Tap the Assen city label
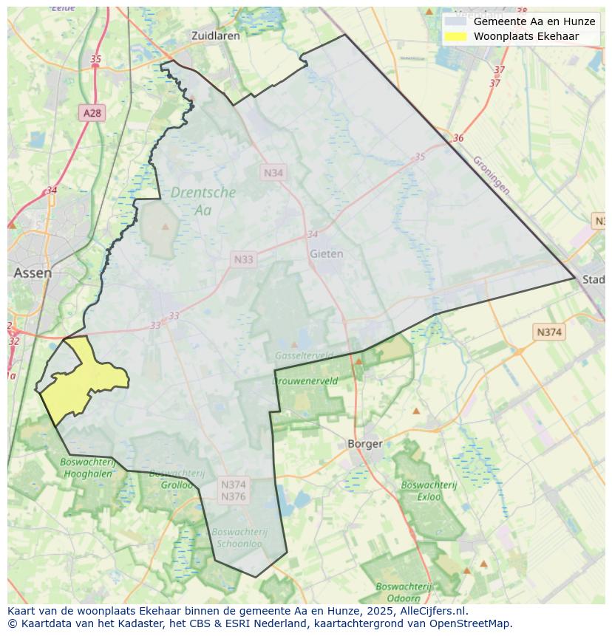point(33,273)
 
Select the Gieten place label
point(326,253)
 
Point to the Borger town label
point(365,444)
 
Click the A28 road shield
point(92,113)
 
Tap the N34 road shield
point(273,172)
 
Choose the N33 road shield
point(243,259)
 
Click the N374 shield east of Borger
point(548,332)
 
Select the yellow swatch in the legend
point(456,36)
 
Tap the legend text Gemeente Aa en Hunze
point(534,21)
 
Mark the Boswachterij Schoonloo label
point(239,536)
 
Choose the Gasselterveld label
point(304,355)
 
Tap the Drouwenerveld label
point(305,381)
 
